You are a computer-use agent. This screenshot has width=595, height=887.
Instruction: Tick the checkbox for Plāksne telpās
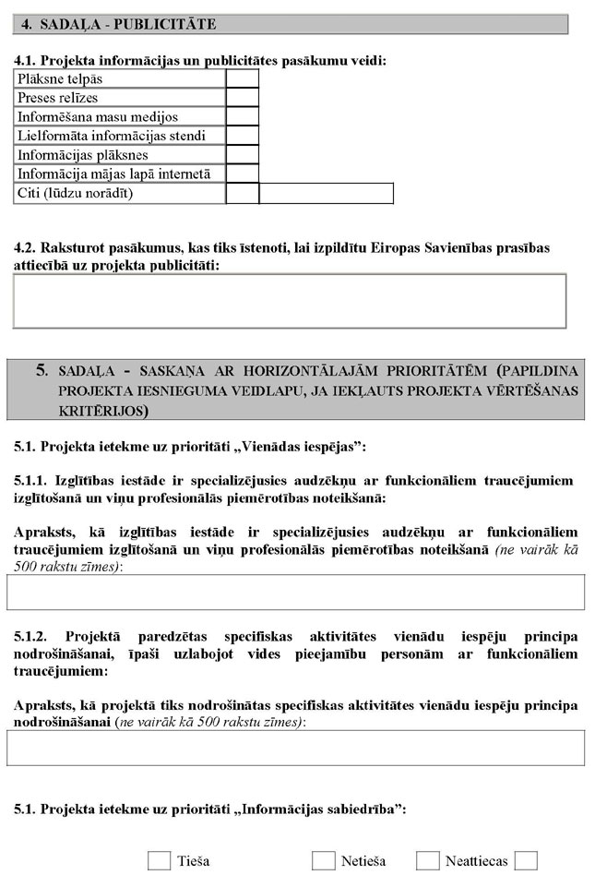click(x=242, y=79)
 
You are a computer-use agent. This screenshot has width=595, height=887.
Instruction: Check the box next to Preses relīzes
click(x=242, y=98)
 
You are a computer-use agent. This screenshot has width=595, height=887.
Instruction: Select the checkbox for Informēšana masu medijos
click(x=242, y=117)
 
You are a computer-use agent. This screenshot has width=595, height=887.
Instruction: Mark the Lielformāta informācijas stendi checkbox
click(x=242, y=137)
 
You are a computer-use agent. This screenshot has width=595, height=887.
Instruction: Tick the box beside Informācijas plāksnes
click(x=242, y=155)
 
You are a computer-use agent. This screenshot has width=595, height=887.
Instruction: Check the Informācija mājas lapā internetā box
click(x=242, y=174)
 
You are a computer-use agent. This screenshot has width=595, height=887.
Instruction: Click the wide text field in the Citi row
click(x=326, y=194)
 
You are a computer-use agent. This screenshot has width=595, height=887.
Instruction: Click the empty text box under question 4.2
click(x=289, y=301)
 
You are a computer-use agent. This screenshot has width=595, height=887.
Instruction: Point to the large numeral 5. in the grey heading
click(x=42, y=370)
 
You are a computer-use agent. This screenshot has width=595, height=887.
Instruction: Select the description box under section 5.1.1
click(x=295, y=593)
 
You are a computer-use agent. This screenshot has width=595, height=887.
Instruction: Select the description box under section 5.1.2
click(x=295, y=749)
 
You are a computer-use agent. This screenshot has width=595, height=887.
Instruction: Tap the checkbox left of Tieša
click(x=159, y=861)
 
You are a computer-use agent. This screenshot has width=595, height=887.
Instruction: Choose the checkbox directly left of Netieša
click(x=323, y=861)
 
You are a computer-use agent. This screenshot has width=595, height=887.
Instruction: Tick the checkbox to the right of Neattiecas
click(x=526, y=861)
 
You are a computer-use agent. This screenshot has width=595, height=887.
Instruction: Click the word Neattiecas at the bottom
click(x=476, y=861)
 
